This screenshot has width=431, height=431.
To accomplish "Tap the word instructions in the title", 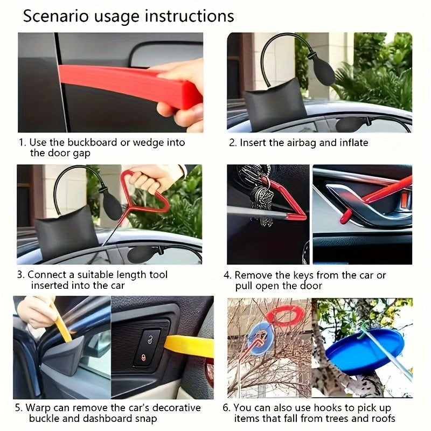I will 189,16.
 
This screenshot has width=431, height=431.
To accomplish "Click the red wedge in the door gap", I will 129,84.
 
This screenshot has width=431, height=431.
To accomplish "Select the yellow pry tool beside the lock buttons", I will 189,345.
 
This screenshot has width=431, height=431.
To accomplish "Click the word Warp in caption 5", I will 40,407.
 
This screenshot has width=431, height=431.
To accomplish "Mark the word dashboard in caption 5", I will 102,418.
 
